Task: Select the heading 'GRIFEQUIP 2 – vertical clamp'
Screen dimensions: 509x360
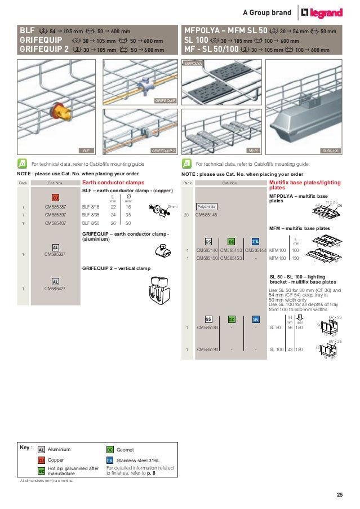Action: click(x=116, y=268)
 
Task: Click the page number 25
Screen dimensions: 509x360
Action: click(x=339, y=495)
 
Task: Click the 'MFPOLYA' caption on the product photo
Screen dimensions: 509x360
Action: click(x=194, y=65)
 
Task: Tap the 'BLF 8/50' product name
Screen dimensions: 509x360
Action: click(x=91, y=223)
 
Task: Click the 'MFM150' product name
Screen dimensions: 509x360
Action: click(x=277, y=258)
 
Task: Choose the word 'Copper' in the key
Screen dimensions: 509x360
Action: click(x=56, y=460)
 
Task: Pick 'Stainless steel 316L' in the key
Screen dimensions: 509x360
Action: click(x=139, y=460)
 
